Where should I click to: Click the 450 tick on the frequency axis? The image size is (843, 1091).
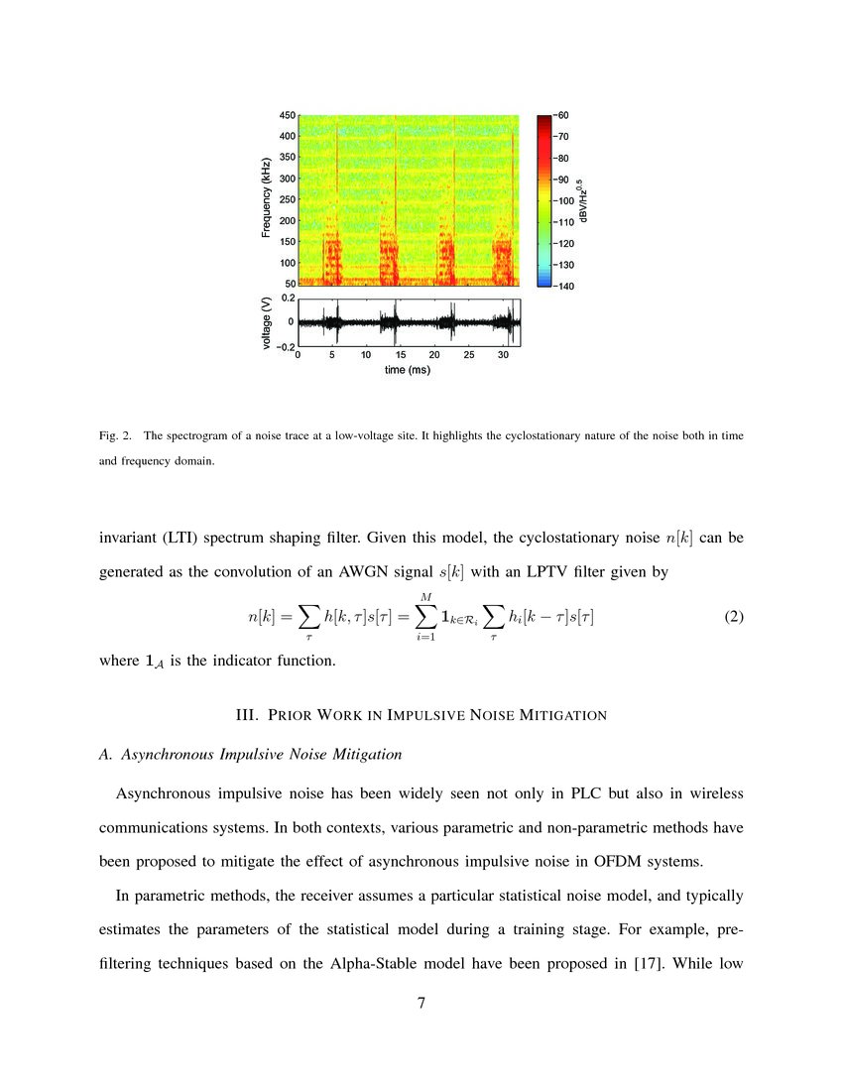click(x=288, y=115)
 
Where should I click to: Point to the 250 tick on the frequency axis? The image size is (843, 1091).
click(x=288, y=199)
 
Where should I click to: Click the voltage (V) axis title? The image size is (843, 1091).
click(x=267, y=322)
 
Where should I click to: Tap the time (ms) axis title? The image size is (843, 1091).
click(x=408, y=371)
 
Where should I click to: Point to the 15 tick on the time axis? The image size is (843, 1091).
click(x=400, y=355)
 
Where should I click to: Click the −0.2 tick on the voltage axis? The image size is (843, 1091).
click(x=284, y=346)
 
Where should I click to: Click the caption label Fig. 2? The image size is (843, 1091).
click(x=117, y=435)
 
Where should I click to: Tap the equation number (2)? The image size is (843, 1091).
click(x=733, y=616)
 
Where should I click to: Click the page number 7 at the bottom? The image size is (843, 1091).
click(x=421, y=1003)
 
